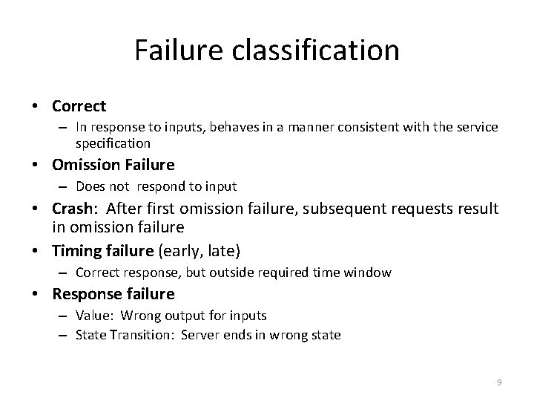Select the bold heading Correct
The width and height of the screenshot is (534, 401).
(79, 106)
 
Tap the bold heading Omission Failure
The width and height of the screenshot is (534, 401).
(113, 164)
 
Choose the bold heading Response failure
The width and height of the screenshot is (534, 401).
(113, 295)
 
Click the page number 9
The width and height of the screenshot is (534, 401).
(499, 382)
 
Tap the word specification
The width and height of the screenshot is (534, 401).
(113, 143)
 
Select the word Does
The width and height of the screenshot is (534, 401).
(90, 186)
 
